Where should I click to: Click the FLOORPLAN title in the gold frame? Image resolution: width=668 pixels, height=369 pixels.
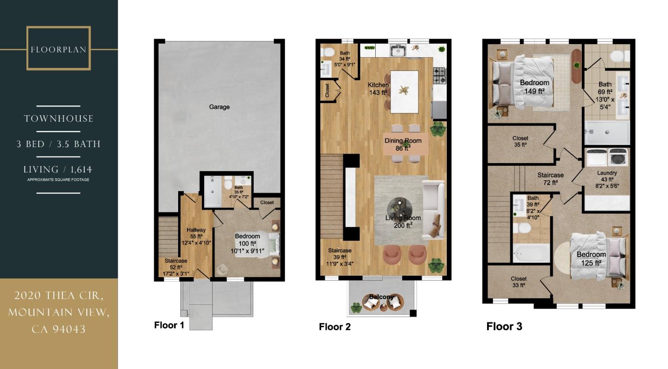tap(58, 49)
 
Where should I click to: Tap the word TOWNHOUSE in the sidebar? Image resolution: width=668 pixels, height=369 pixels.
tap(58, 119)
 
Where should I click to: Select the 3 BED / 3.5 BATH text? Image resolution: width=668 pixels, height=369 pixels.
tap(58, 144)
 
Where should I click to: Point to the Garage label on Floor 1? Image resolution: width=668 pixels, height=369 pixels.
tap(219, 107)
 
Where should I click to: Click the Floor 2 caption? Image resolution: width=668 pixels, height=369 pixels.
tap(334, 327)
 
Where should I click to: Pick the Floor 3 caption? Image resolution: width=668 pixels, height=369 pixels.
tap(504, 326)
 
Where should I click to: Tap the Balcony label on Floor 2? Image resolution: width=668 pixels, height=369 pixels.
tap(382, 297)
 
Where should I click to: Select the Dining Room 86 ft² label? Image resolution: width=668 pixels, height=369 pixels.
tap(403, 145)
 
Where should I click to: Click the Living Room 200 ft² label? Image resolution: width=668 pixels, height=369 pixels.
tap(403, 221)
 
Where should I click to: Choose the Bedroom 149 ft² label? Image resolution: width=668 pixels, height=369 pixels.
tap(534, 87)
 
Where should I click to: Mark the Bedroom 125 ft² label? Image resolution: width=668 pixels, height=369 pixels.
tap(591, 258)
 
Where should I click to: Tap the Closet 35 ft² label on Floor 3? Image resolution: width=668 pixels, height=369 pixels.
tap(520, 141)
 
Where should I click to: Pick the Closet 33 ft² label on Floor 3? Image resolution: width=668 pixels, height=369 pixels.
tap(519, 282)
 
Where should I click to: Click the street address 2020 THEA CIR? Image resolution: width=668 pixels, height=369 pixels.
tap(58, 296)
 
